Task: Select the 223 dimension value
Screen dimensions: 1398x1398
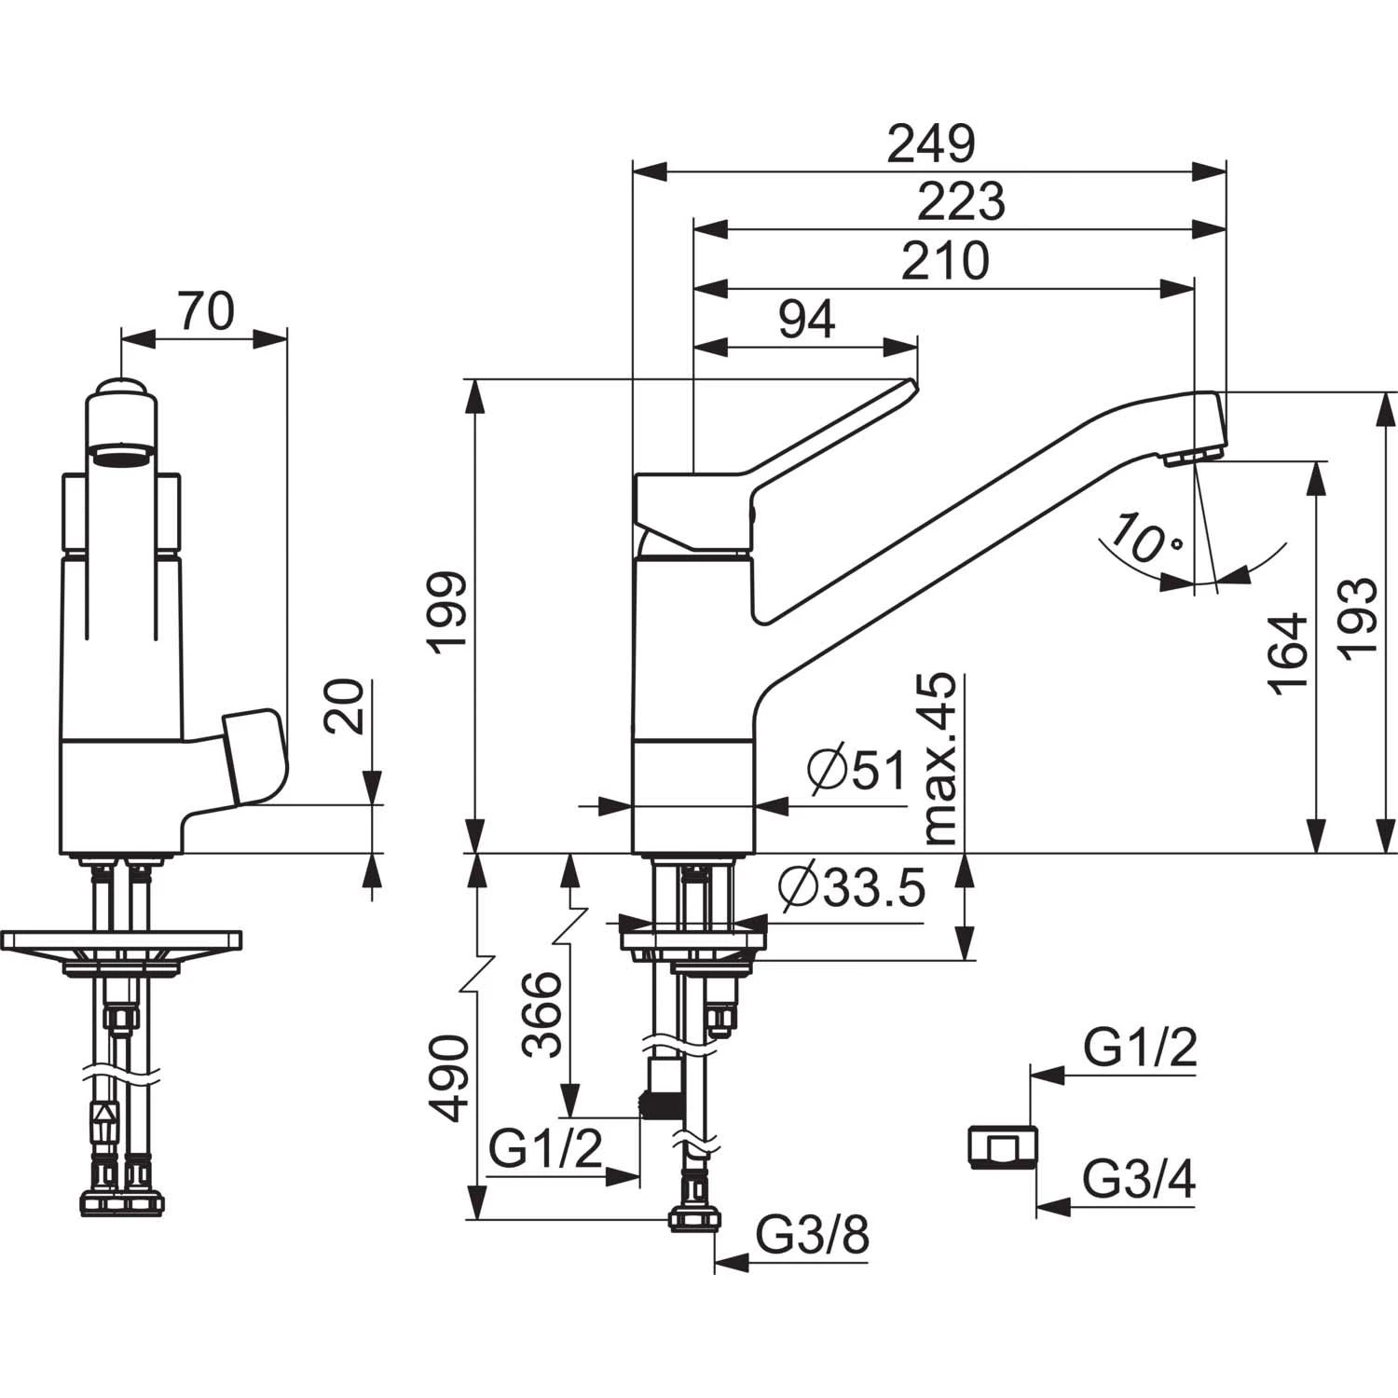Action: point(962,201)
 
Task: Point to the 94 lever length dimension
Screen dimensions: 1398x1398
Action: point(807,320)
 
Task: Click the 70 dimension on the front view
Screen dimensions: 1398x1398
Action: point(206,311)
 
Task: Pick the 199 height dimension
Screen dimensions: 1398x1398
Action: point(448,614)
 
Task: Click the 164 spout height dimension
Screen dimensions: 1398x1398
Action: point(1288,653)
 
